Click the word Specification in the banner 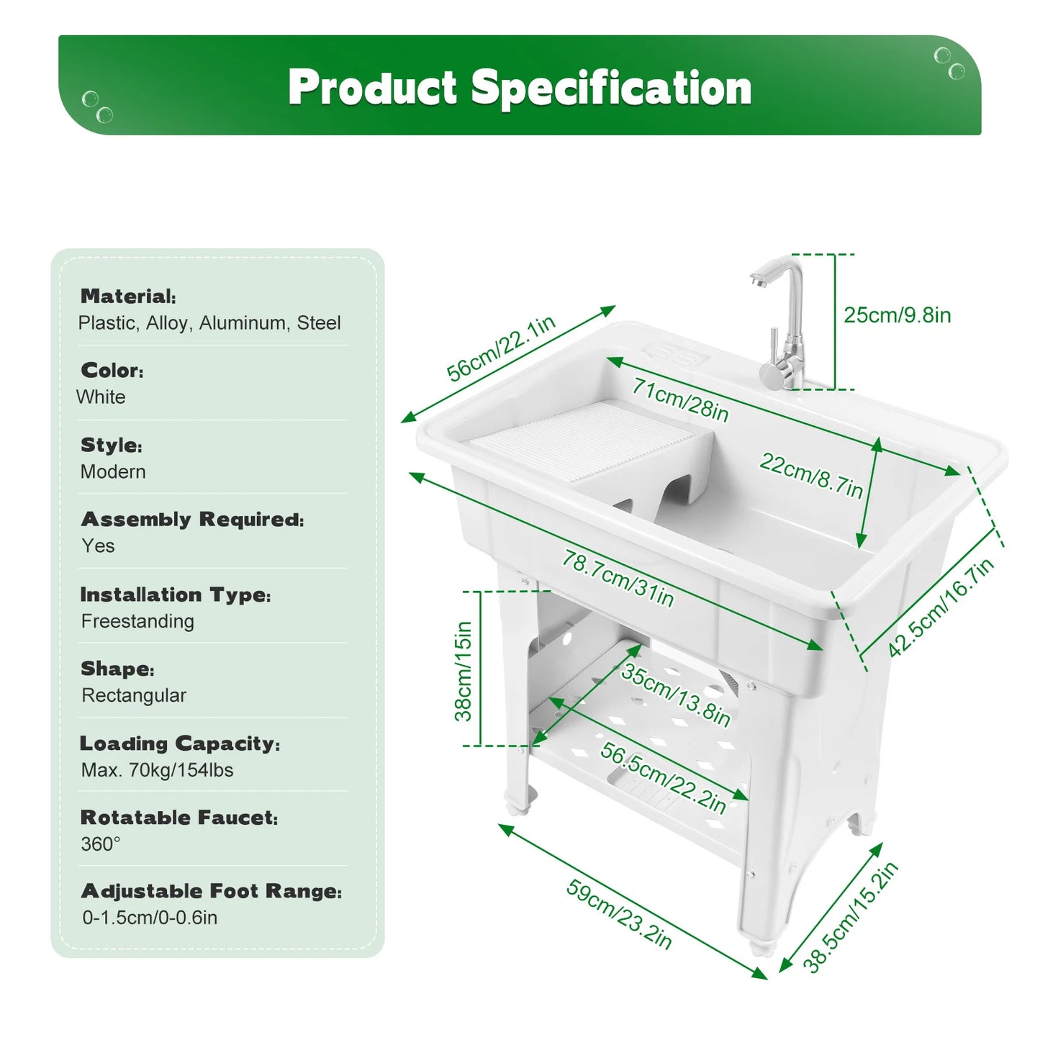[611, 88]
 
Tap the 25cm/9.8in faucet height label [897, 315]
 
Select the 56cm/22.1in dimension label [501, 348]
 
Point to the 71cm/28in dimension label [680, 399]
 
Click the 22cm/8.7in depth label [810, 475]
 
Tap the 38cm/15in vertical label [464, 671]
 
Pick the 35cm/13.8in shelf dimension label [675, 694]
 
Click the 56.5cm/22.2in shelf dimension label [663, 778]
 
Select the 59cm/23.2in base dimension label [619, 913]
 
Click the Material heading [128, 297]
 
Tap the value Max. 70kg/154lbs [157, 770]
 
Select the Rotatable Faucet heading [178, 818]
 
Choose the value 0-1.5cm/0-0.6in [150, 918]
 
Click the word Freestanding [137, 621]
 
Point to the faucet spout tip [756, 281]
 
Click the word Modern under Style [113, 472]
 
